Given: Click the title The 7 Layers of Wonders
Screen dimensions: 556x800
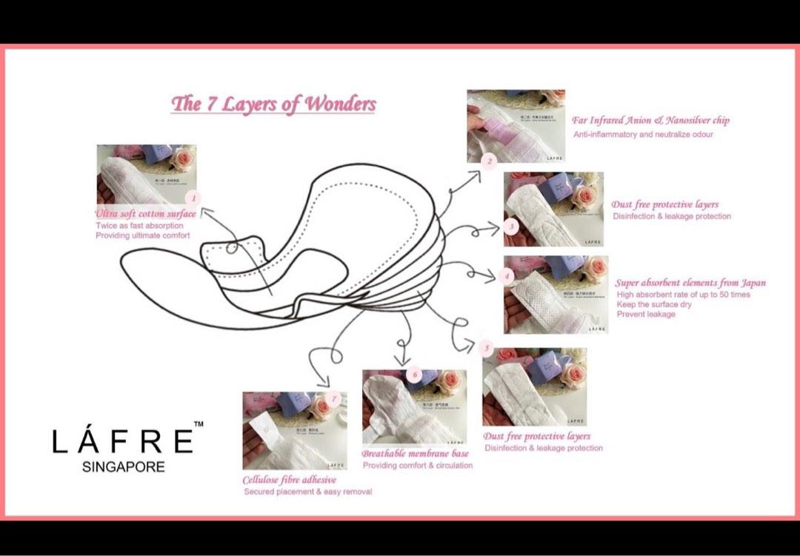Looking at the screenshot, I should (x=273, y=104).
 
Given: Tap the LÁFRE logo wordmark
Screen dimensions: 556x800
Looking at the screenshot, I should (x=122, y=441).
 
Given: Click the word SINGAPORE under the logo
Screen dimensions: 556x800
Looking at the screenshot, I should (x=124, y=467).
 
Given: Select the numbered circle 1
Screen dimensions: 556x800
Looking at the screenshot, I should (x=193, y=198).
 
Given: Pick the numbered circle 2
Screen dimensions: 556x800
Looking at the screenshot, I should (x=488, y=161).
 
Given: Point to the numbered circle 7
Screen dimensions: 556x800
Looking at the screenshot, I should (x=335, y=398).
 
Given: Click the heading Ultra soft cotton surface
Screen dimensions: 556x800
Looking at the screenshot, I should (x=146, y=214).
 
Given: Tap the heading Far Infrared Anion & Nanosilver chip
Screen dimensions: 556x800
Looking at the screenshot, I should (x=650, y=120).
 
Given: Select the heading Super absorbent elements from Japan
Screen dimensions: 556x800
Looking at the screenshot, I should (x=690, y=283).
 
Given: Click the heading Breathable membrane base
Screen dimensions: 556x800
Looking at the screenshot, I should (x=415, y=453).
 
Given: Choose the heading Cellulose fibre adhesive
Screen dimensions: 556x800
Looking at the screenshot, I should (x=289, y=480).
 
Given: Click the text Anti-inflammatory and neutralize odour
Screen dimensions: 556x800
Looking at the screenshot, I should (x=643, y=135).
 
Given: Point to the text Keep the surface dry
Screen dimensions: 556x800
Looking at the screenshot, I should (x=654, y=304).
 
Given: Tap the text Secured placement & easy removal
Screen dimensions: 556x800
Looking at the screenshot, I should (x=307, y=492).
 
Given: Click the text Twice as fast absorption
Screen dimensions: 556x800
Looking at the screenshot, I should (x=139, y=226).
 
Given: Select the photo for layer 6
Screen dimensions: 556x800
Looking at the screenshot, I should (x=414, y=406).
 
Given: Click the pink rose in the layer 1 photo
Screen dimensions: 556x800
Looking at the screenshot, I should (x=182, y=159).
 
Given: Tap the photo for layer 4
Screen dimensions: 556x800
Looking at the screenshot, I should (x=556, y=295).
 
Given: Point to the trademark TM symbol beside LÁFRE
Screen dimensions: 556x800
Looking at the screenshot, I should (x=198, y=424).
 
